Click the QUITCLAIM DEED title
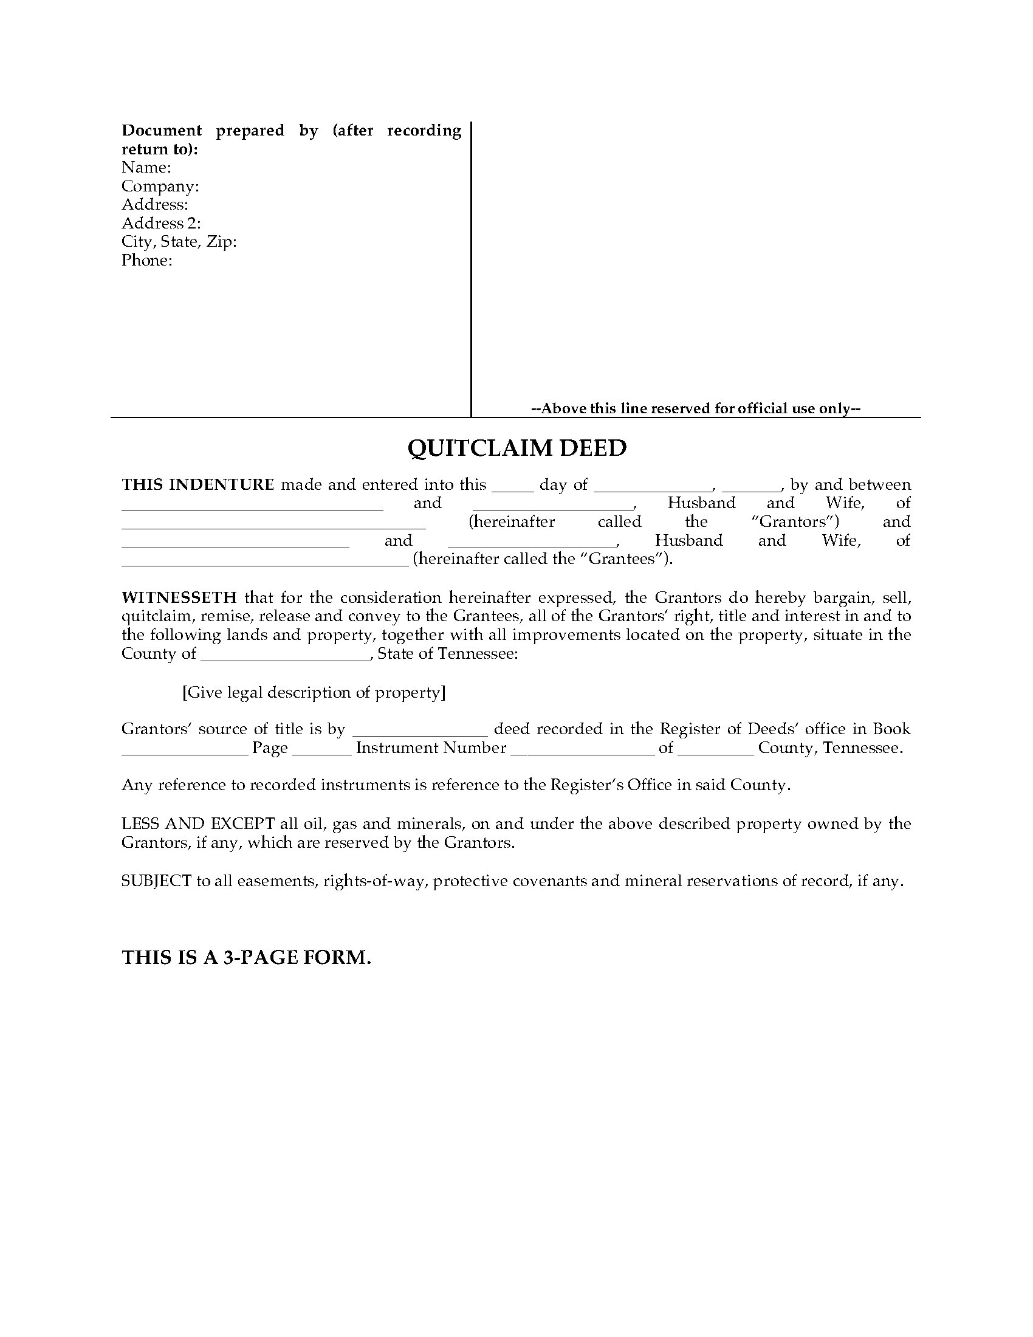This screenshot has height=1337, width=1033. [x=517, y=449]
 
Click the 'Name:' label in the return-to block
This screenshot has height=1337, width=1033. [x=146, y=168]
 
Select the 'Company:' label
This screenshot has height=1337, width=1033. [x=160, y=186]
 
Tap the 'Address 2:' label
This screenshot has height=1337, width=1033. [x=161, y=224]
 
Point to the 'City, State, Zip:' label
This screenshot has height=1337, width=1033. [x=179, y=242]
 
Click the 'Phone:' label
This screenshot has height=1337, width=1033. [x=147, y=261]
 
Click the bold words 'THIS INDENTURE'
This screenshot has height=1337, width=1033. [x=197, y=485]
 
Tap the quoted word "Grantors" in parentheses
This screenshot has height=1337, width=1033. [x=794, y=522]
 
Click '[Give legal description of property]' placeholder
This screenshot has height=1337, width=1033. [x=314, y=692]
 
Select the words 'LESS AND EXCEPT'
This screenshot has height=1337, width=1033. [x=197, y=824]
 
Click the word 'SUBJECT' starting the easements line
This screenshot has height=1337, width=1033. [x=156, y=882]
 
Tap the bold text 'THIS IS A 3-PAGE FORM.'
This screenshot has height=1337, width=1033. [x=247, y=957]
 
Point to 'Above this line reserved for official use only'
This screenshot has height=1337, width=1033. [x=695, y=409]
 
